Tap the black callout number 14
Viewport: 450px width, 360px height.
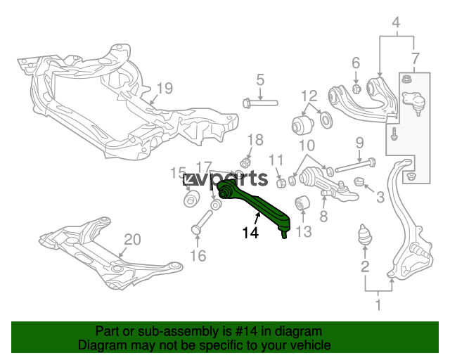click(250, 233)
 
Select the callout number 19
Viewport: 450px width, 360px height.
click(165, 89)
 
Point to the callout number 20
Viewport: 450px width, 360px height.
click(133, 240)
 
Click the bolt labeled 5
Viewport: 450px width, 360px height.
click(260, 103)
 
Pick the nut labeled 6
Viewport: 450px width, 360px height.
click(356, 89)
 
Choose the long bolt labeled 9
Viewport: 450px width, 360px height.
click(356, 165)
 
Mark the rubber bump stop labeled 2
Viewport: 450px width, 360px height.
click(365, 234)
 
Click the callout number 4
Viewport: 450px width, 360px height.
click(396, 22)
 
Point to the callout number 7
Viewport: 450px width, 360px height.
click(416, 59)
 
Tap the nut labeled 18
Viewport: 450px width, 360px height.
click(245, 163)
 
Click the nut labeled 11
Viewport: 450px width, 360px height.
click(281, 183)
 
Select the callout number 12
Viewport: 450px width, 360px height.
click(309, 96)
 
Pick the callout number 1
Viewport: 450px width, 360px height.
click(378, 304)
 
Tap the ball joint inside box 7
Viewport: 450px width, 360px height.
click(414, 102)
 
